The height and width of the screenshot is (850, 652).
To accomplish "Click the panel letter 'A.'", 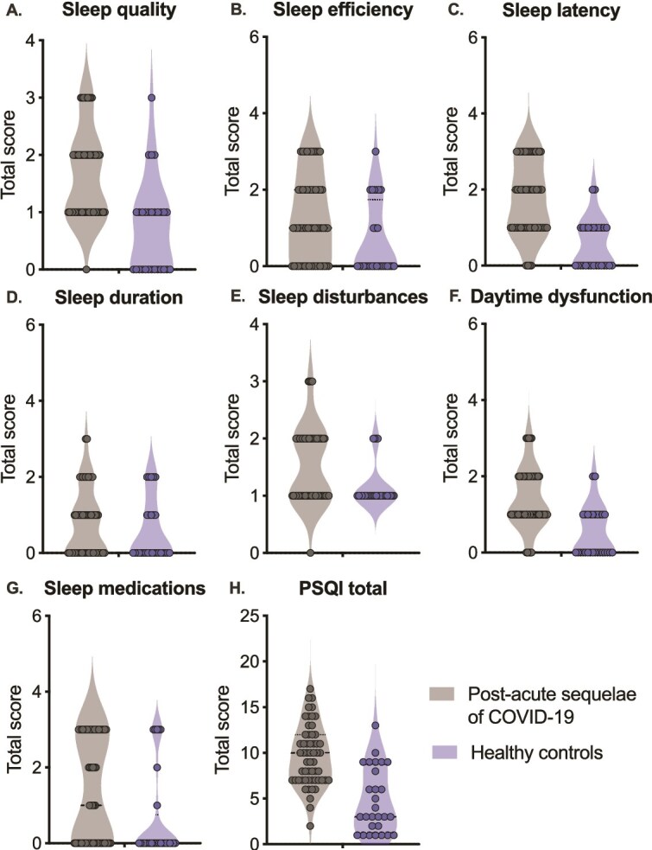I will (x=16, y=12).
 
